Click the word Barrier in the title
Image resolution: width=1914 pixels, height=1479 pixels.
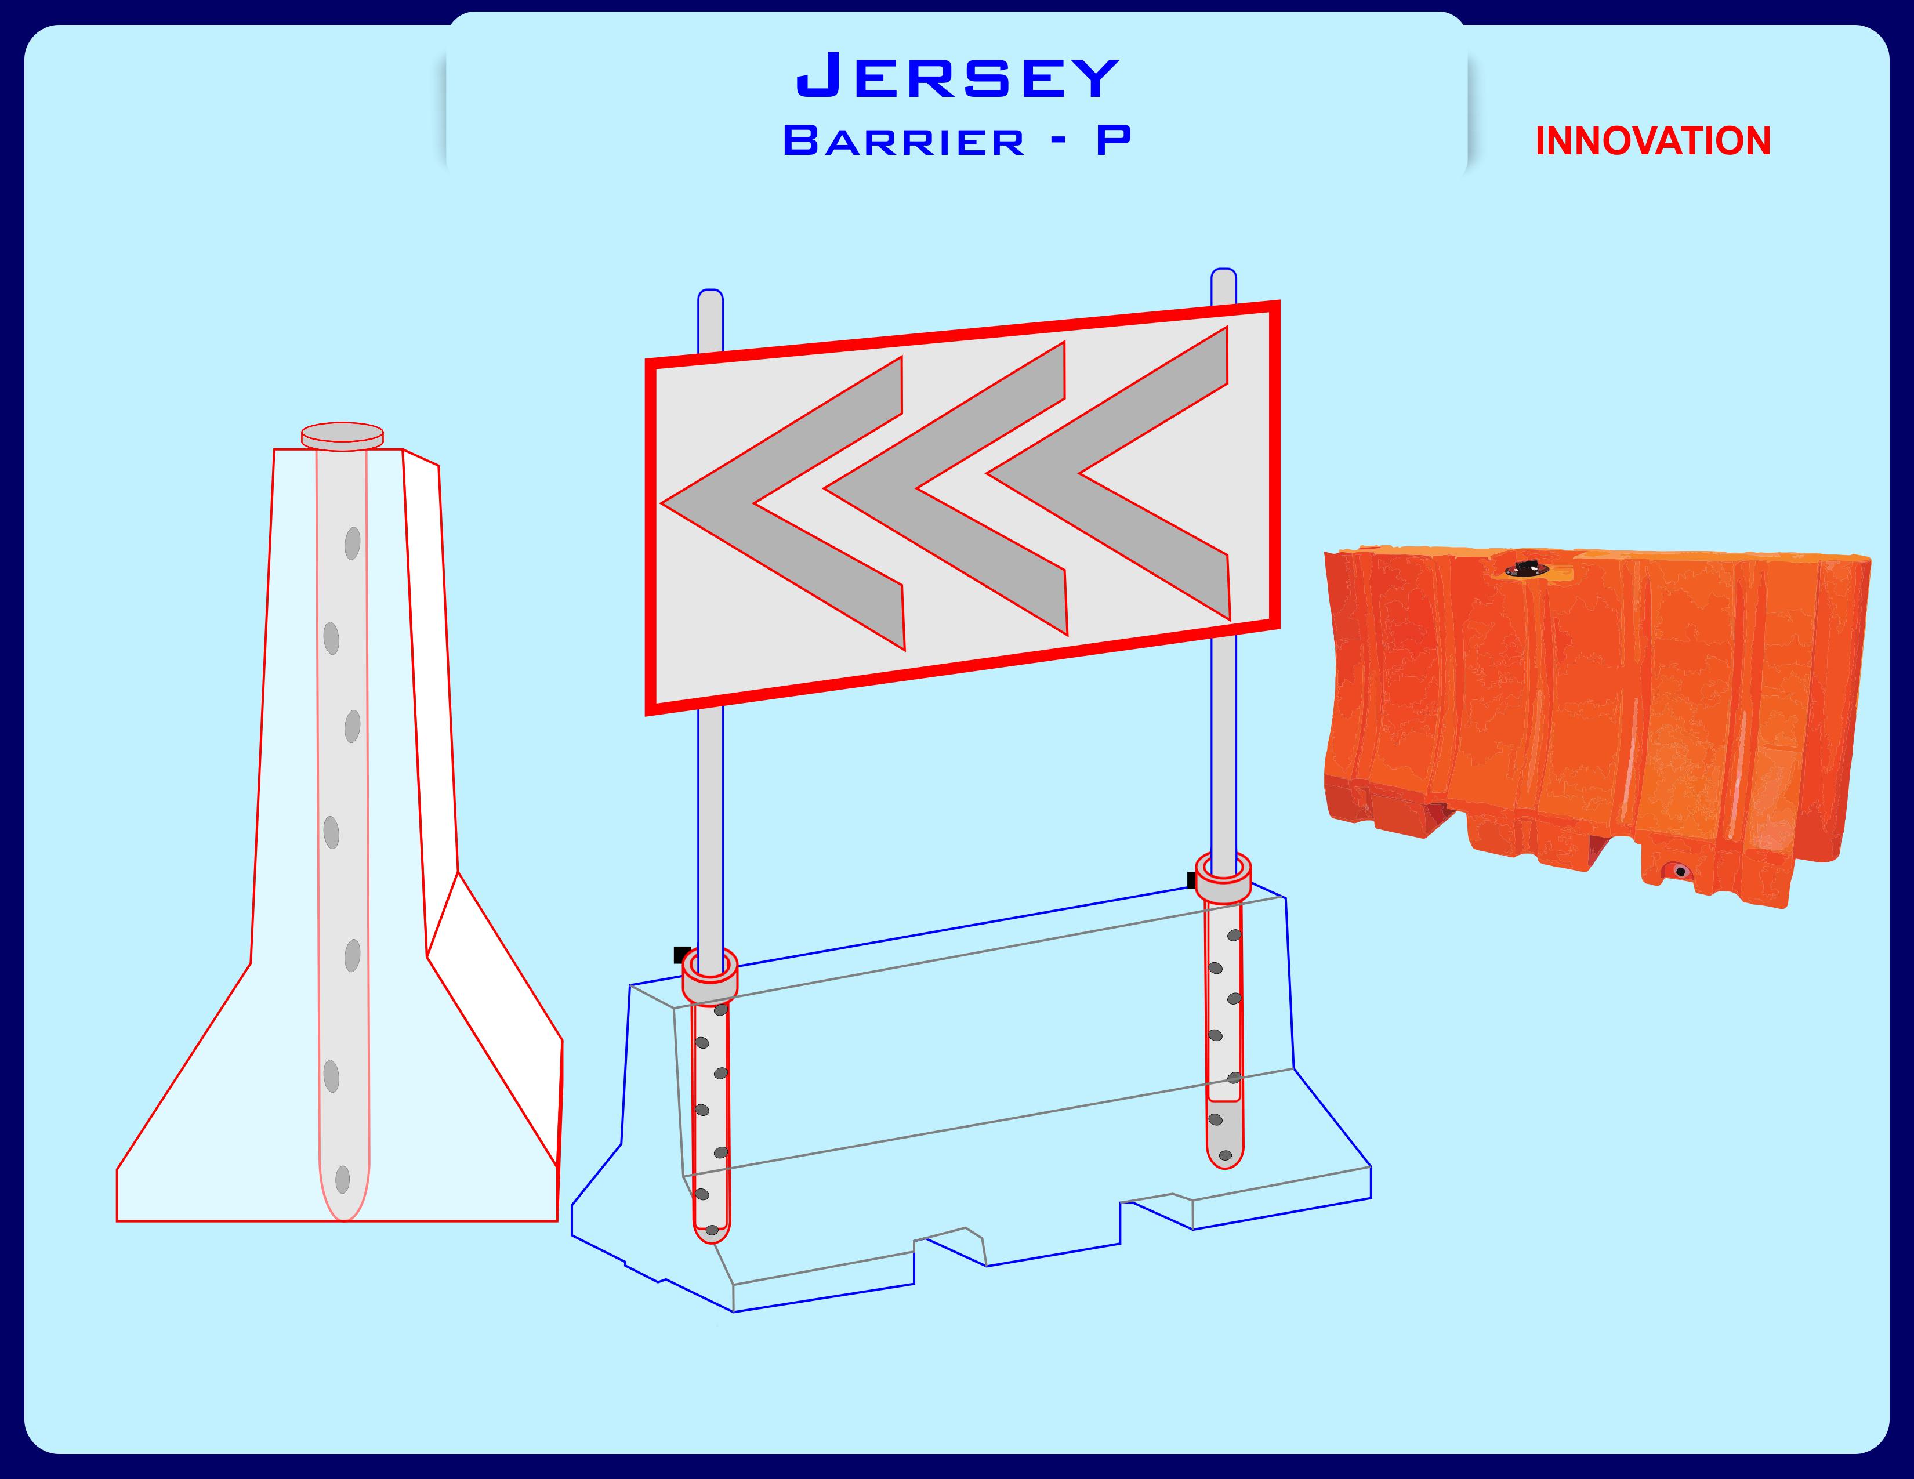tap(904, 141)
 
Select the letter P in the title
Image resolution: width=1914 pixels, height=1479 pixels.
tap(1113, 140)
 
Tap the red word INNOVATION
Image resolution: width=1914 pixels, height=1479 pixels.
tap(1653, 141)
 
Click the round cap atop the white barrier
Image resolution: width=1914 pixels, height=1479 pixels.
tap(343, 436)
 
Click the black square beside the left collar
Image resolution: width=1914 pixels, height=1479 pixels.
tap(681, 954)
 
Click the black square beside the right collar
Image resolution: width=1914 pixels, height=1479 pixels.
tap(1192, 880)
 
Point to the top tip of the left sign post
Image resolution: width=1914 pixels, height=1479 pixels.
tap(710, 290)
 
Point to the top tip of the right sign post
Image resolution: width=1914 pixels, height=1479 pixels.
tap(1223, 269)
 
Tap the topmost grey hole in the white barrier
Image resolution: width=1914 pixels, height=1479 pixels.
tap(352, 543)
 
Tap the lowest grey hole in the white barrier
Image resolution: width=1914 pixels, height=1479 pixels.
tap(343, 1179)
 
